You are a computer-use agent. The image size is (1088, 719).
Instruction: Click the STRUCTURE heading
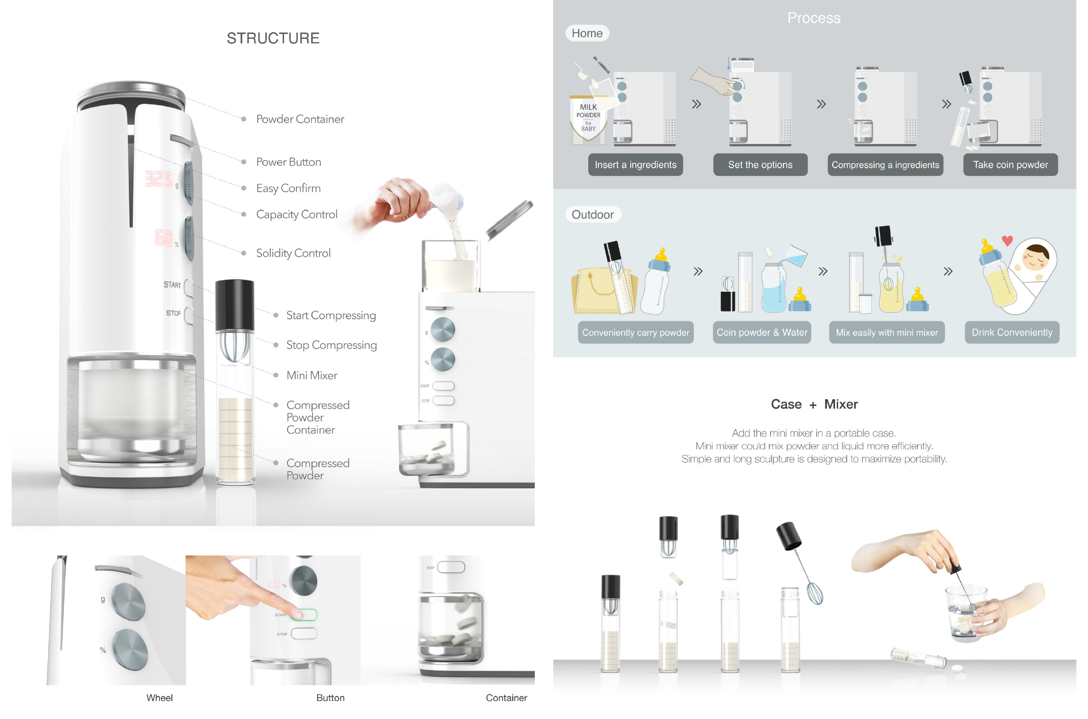coord(273,38)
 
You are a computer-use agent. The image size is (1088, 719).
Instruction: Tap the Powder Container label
coord(300,119)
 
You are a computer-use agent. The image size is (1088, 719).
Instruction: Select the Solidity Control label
coord(293,253)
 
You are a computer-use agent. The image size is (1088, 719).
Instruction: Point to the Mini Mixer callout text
coord(312,376)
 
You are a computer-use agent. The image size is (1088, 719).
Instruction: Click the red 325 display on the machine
coord(159,179)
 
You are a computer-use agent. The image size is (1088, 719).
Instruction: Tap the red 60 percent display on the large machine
coord(164,237)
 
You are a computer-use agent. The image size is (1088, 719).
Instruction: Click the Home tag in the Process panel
coord(587,33)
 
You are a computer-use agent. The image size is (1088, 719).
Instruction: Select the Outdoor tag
coord(593,215)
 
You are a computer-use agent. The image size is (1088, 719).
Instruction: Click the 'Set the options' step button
coord(760,165)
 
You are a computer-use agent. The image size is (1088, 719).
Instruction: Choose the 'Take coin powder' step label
coord(1011,165)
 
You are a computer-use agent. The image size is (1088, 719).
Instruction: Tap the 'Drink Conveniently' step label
coord(1012,332)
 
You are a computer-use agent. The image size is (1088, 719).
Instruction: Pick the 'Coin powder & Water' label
coord(762,332)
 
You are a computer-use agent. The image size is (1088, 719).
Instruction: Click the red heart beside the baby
coord(1007,240)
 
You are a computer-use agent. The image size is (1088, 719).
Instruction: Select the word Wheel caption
coord(160,698)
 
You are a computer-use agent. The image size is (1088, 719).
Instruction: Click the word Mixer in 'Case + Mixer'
coord(841,404)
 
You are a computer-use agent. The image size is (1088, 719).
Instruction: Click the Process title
coord(814,18)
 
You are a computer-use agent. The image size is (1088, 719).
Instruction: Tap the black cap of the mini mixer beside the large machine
coord(235,305)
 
